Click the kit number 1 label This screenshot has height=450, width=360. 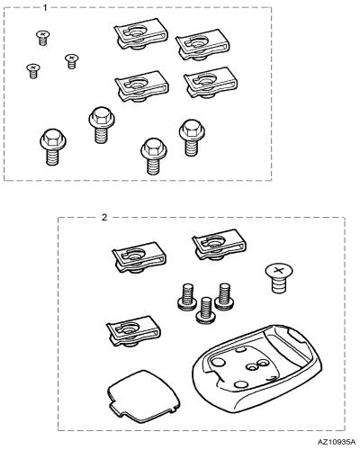pyautogui.click(x=45, y=8)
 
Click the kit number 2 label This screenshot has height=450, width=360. pyautogui.click(x=104, y=217)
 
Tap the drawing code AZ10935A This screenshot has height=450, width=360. pyautogui.click(x=337, y=442)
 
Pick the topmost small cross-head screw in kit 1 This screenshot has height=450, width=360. pyautogui.click(x=43, y=38)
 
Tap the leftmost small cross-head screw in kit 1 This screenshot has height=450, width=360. pyautogui.click(x=33, y=71)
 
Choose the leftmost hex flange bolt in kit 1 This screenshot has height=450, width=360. pyautogui.click(x=52, y=147)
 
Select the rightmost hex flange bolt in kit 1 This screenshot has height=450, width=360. pyautogui.click(x=192, y=138)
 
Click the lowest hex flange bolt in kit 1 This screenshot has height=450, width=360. pyautogui.click(x=153, y=157)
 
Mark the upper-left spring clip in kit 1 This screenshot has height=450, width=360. pyautogui.click(x=140, y=34)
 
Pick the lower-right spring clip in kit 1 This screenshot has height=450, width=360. pyautogui.click(x=210, y=83)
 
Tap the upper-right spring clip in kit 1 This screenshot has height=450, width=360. pyautogui.click(x=202, y=44)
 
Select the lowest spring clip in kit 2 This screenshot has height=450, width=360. pyautogui.click(x=133, y=331)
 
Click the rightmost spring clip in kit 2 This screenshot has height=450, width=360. pyautogui.click(x=219, y=245)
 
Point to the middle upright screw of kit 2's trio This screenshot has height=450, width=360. pyautogui.click(x=206, y=310)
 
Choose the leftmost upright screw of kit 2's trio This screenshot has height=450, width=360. pyautogui.click(x=187, y=297)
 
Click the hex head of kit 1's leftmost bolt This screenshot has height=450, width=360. pyautogui.click(x=52, y=136)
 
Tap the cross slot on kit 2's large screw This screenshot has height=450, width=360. pyautogui.click(x=279, y=270)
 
